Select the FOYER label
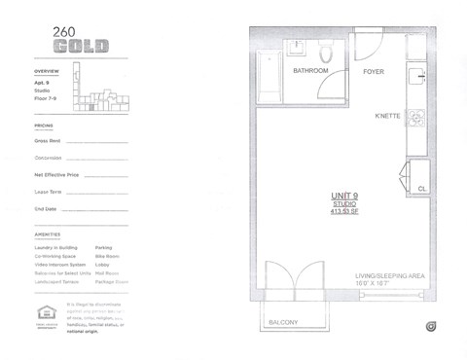pos(374,71)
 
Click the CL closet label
pos(421,189)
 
